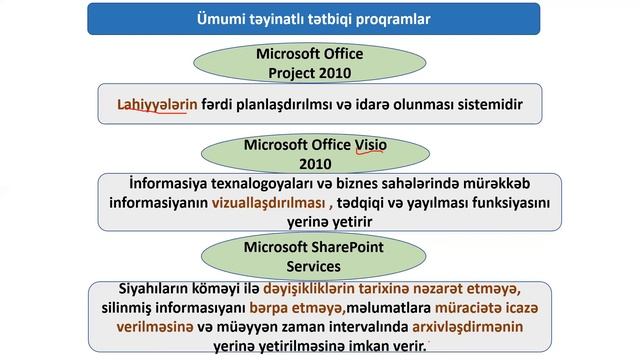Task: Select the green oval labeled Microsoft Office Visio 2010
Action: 315,153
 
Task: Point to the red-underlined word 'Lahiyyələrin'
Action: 151,104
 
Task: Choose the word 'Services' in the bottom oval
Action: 315,267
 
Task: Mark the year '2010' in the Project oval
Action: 343,72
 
